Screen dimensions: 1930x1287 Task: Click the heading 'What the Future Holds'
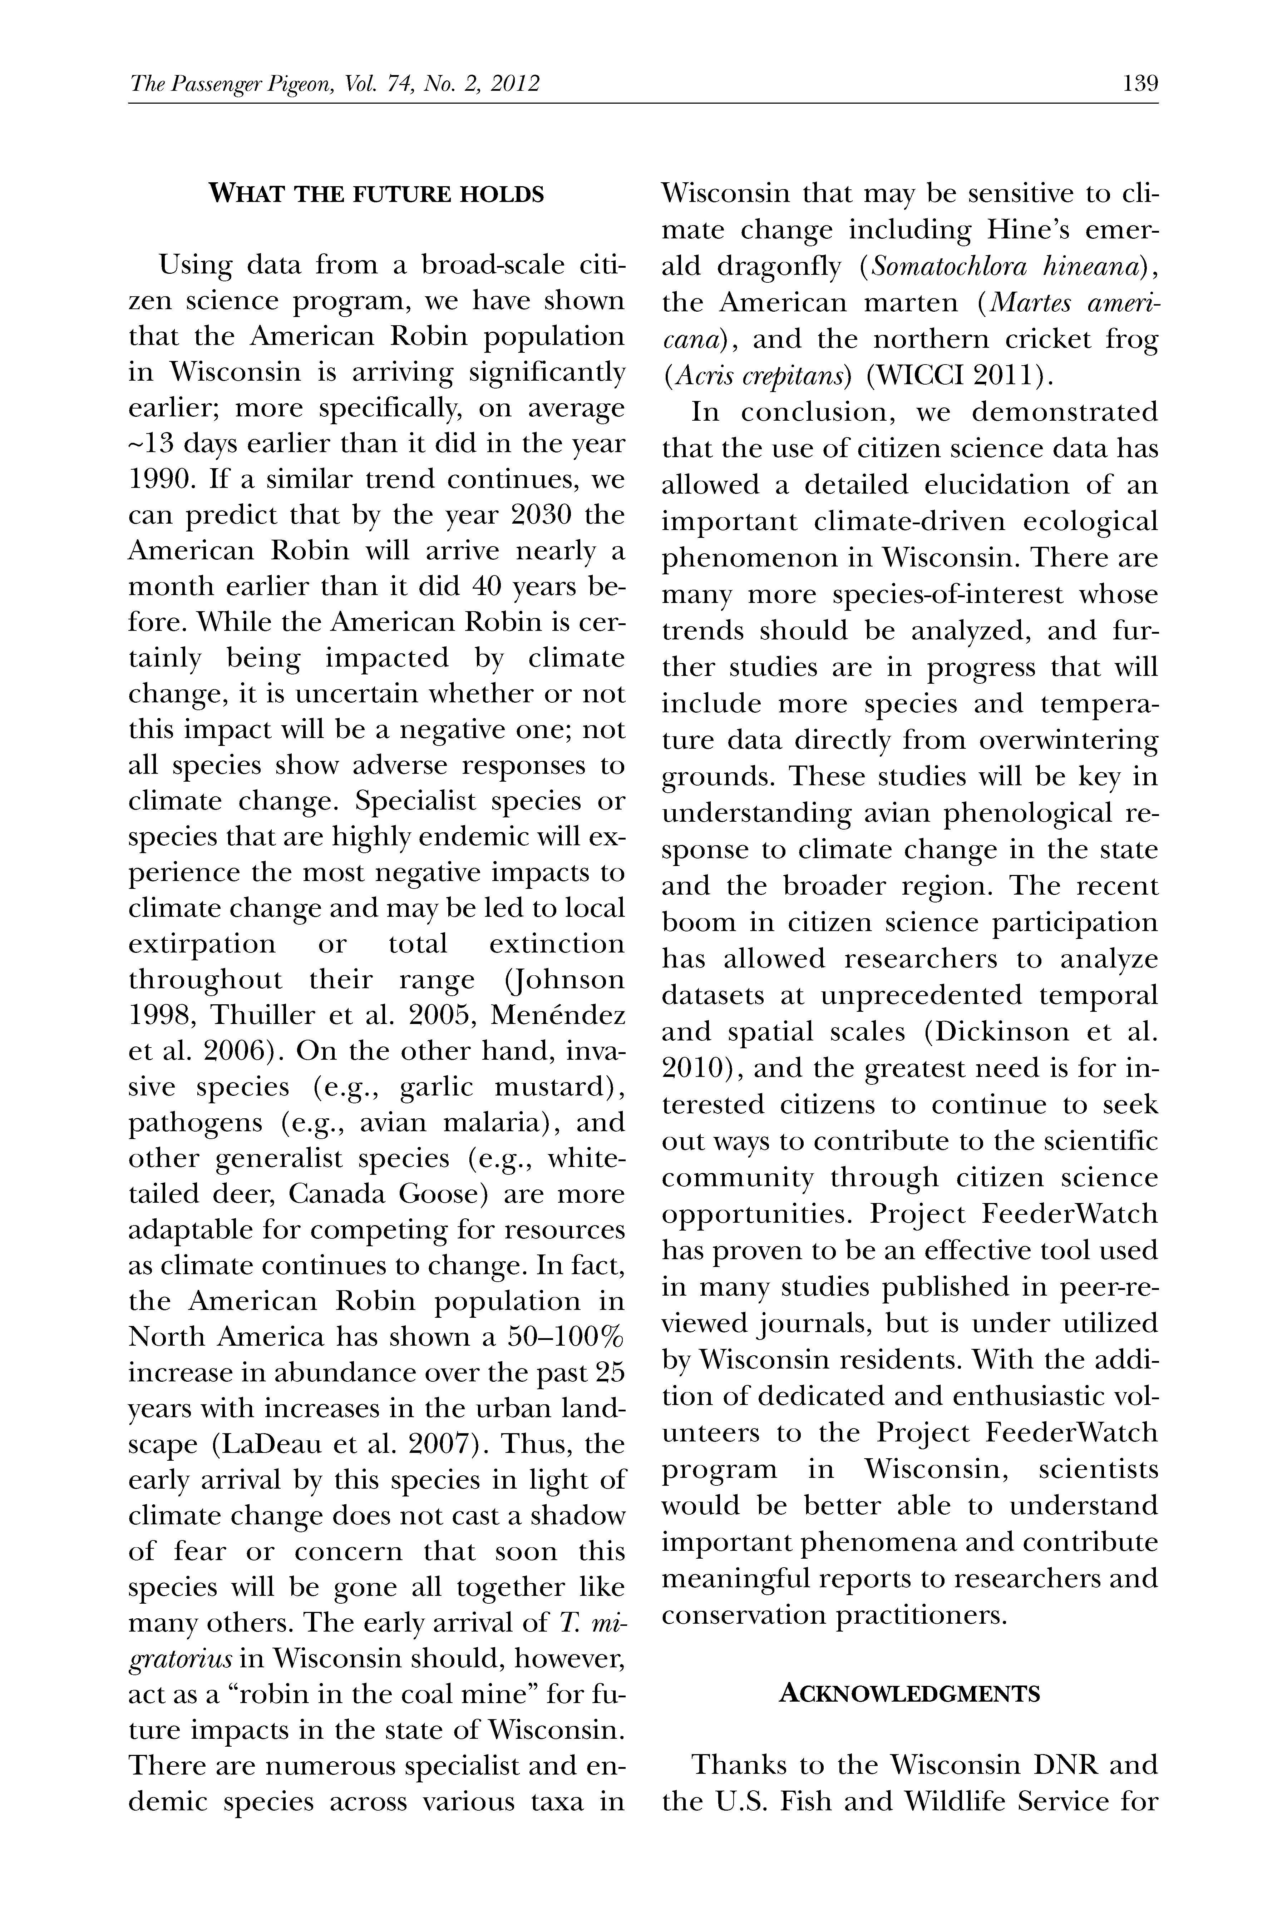377,194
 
